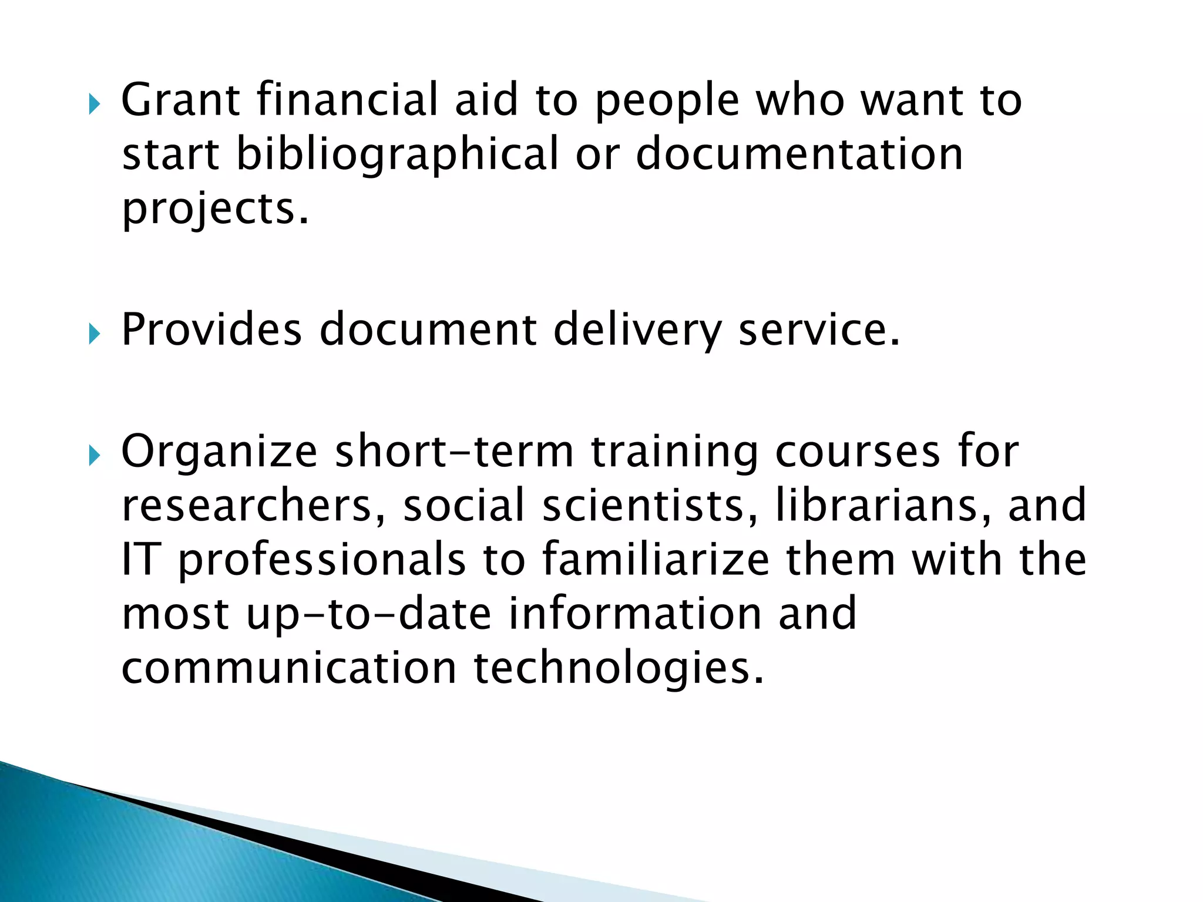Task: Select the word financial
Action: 348,100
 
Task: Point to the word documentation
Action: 799,154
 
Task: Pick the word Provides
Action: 211,329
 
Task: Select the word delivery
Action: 637,331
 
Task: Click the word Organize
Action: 219,452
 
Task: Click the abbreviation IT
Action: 140,559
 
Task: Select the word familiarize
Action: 655,559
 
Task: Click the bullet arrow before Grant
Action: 95,106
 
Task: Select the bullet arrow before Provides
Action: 95,335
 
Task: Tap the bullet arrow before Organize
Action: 95,456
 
